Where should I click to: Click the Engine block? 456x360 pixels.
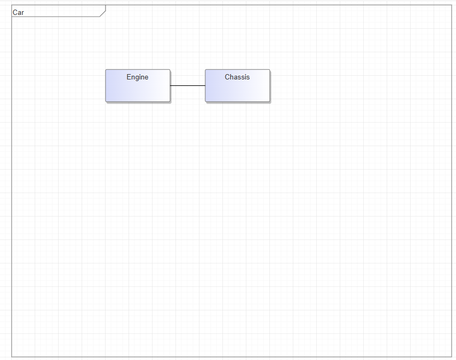point(138,85)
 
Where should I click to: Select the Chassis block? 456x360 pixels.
point(237,85)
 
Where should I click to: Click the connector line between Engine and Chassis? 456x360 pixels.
point(188,85)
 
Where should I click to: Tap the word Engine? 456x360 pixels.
point(137,77)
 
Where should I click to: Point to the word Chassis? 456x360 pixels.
point(237,77)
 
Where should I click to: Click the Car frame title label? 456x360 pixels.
point(18,12)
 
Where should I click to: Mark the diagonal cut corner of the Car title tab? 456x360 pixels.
point(102,14)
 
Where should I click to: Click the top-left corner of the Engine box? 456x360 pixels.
point(106,69)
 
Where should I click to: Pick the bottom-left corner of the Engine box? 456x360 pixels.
point(106,101)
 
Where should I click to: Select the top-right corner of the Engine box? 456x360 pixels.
point(170,69)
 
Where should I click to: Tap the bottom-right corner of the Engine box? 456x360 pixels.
point(170,101)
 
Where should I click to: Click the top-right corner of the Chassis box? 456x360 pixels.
point(269,69)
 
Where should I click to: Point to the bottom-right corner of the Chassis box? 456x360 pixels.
point(269,101)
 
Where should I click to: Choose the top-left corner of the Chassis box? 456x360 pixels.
point(205,69)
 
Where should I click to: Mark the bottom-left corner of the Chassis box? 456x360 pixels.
point(205,101)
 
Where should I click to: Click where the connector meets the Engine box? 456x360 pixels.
point(170,85)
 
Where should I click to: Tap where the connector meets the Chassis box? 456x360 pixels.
point(205,85)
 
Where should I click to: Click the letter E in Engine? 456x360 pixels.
point(129,77)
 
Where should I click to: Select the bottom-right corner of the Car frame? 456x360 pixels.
point(451,356)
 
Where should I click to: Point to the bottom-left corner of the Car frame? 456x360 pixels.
point(12,356)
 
